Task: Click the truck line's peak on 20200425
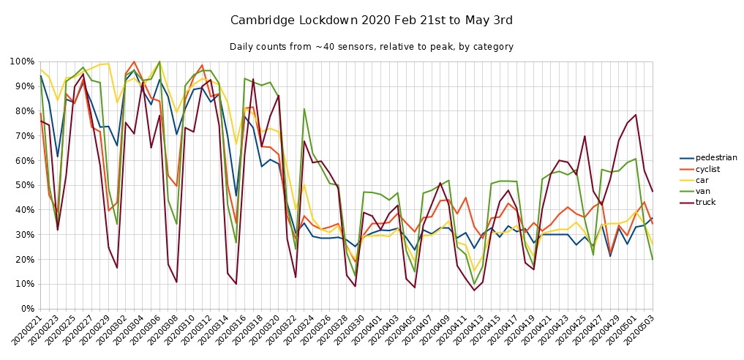585,136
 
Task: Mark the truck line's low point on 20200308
176,282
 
